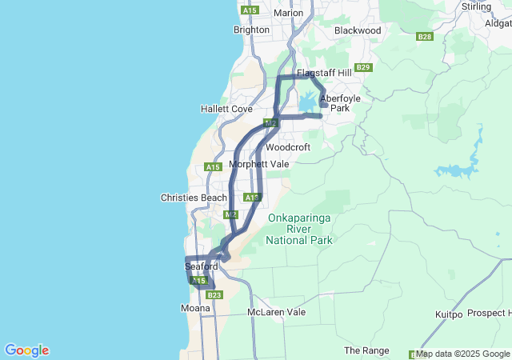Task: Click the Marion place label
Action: click(x=288, y=13)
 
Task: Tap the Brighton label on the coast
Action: click(x=251, y=30)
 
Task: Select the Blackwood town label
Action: click(x=358, y=30)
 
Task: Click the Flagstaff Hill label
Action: click(x=324, y=73)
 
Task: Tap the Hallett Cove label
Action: click(x=226, y=109)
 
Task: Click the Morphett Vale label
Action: click(x=258, y=164)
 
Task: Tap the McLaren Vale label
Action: click(x=277, y=312)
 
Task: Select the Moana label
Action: click(x=196, y=308)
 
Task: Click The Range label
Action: click(x=366, y=350)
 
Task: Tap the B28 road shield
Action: click(x=425, y=37)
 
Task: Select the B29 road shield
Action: click(x=364, y=67)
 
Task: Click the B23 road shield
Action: click(x=214, y=295)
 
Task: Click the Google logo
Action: click(x=26, y=350)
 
